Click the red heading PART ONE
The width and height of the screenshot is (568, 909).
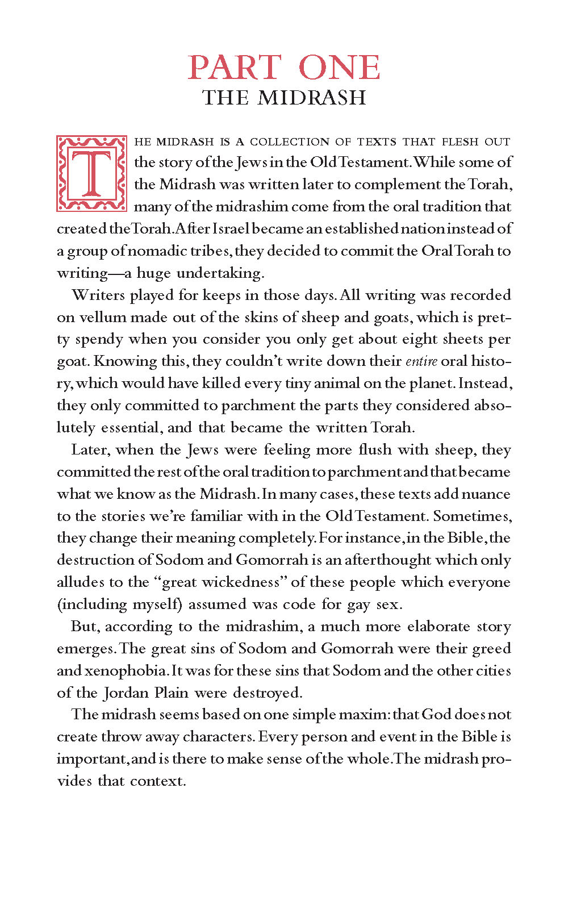click(x=284, y=68)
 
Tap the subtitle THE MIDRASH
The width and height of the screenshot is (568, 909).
click(x=284, y=98)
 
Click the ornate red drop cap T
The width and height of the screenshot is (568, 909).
click(x=91, y=173)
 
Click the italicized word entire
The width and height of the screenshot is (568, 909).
click(x=421, y=362)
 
